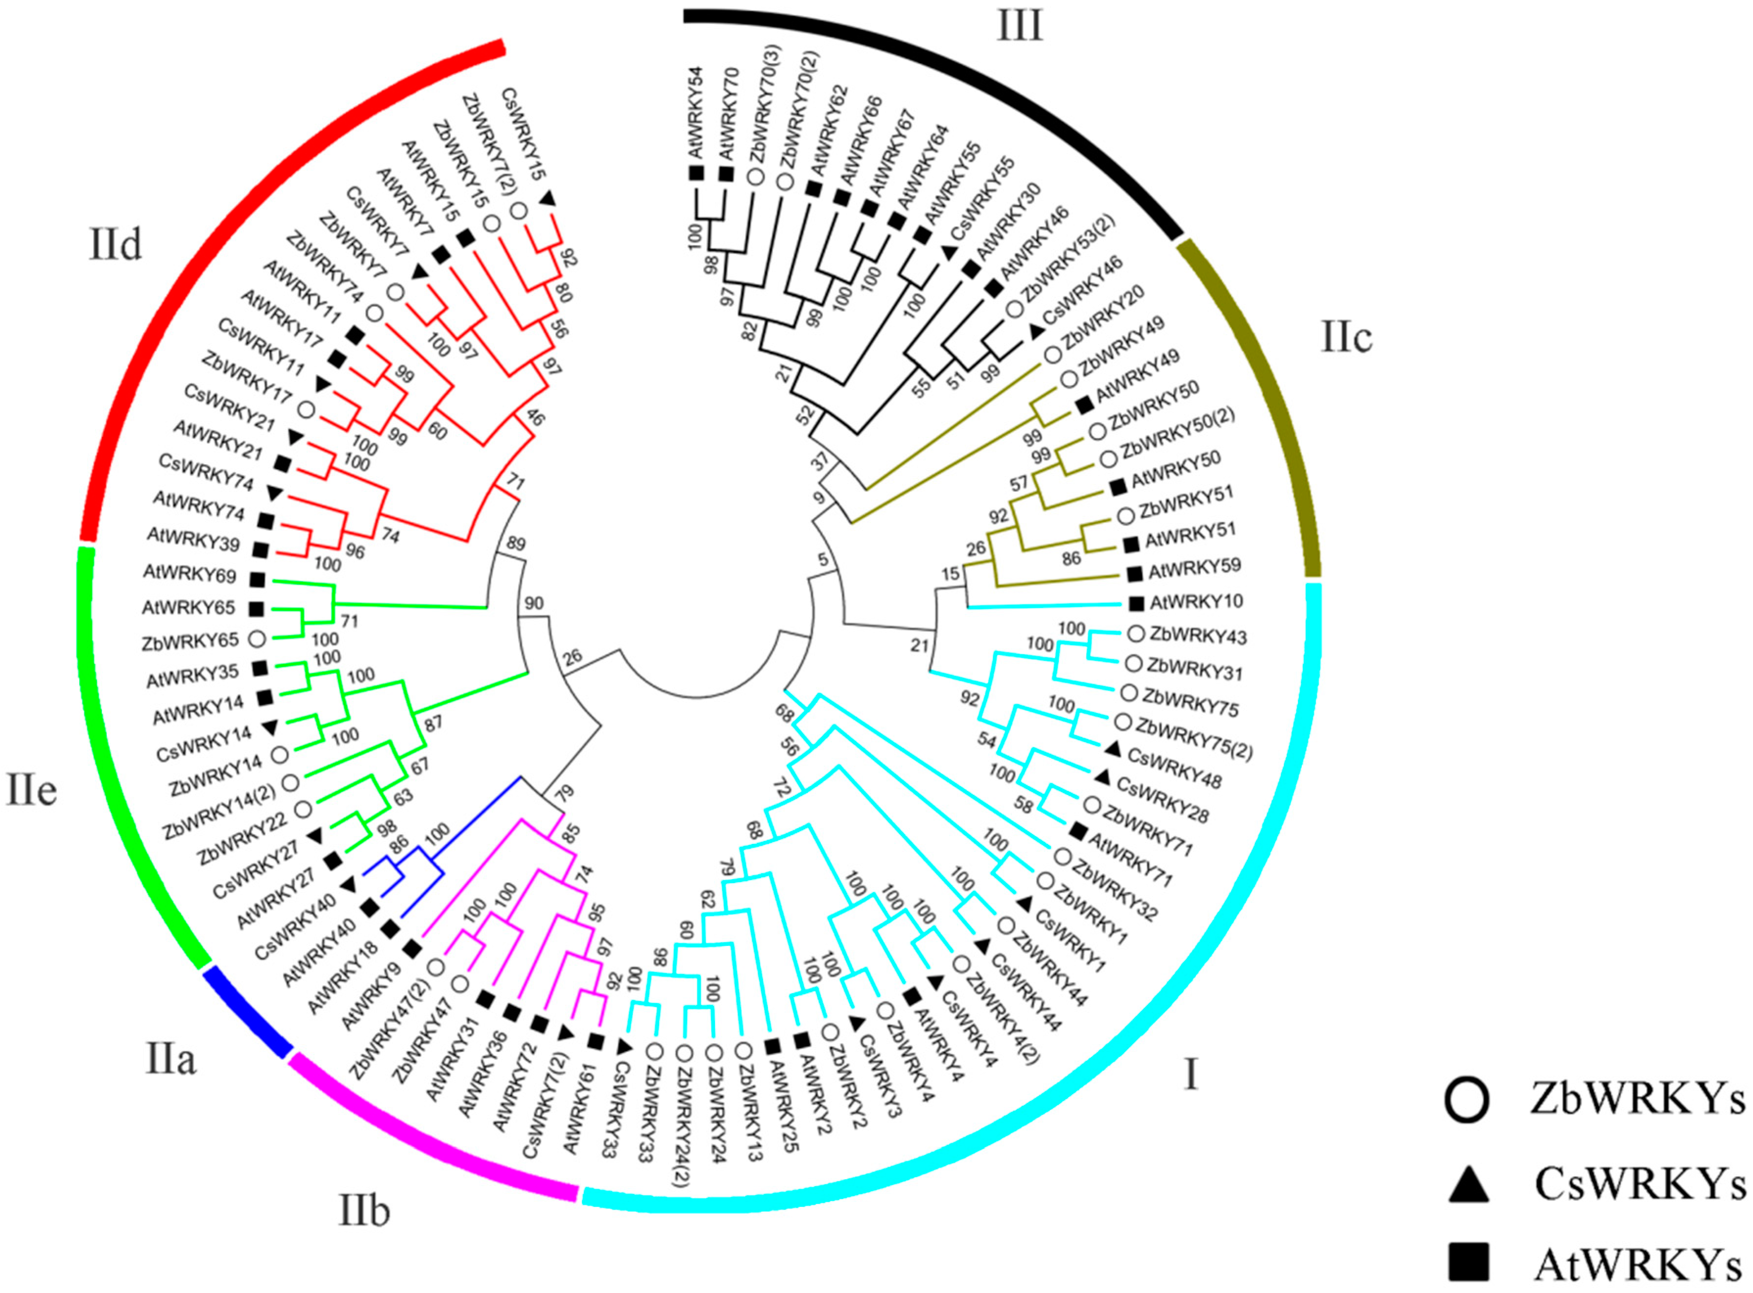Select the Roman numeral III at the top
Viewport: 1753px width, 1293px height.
[x=1019, y=26]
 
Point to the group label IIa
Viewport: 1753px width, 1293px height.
[x=170, y=1060]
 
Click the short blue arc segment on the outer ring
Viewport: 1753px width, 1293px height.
[x=247, y=1013]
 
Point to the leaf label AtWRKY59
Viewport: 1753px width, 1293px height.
[x=1194, y=569]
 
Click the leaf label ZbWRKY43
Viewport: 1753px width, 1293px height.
[x=1197, y=636]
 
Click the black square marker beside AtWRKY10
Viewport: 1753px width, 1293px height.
[x=1137, y=603]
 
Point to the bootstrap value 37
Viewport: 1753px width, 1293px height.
[x=819, y=462]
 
